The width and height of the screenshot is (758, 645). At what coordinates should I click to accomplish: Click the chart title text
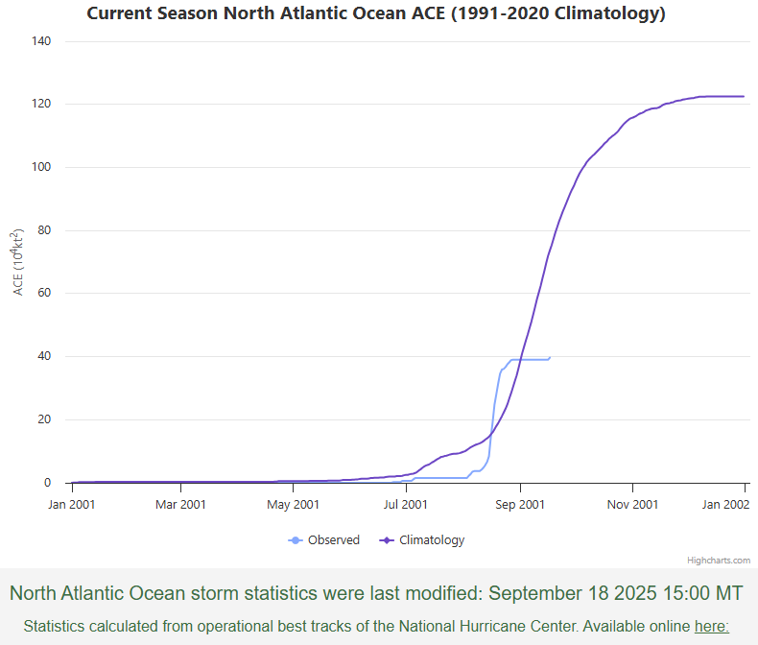coord(376,13)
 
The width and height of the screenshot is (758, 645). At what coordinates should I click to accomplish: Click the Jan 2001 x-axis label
coord(71,504)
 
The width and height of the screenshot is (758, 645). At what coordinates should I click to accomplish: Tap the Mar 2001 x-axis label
coord(180,504)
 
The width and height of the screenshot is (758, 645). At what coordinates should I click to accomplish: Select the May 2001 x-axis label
coord(293,504)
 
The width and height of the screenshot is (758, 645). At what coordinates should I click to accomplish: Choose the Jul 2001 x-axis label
coord(405,504)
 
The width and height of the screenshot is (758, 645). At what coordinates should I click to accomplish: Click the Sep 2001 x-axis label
coord(518,504)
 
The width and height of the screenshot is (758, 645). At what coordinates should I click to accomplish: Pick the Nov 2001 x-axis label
coord(631,504)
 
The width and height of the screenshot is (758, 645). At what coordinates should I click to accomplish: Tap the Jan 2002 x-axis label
coord(724,504)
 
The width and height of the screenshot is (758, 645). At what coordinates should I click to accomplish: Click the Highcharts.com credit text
coord(719,560)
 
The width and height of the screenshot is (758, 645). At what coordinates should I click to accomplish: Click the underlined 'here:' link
coord(711,626)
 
